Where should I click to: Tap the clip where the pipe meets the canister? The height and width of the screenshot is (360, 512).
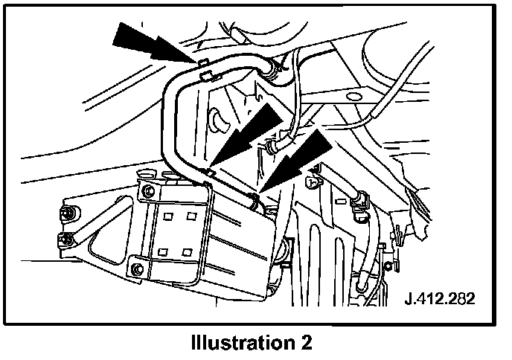pos(210,174)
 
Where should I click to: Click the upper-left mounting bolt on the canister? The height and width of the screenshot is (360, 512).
pos(148,191)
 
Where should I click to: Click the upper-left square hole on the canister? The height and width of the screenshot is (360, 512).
pos(170,217)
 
